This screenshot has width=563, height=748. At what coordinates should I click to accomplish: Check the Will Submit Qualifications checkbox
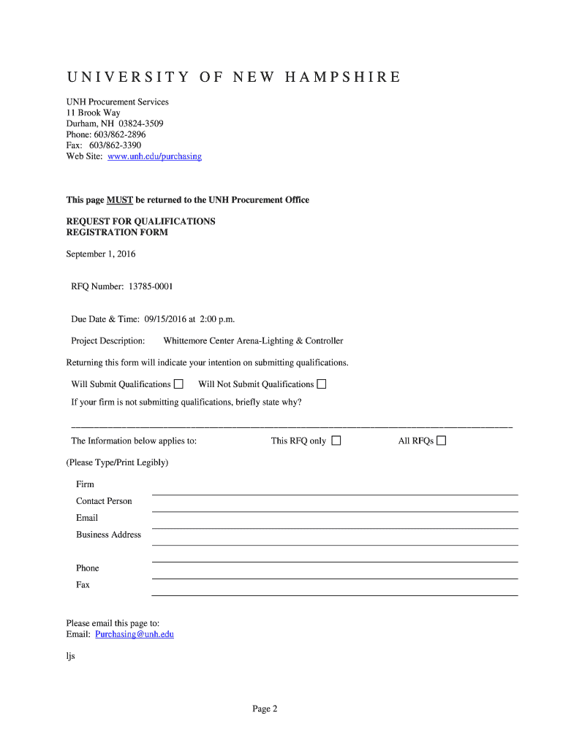coord(178,384)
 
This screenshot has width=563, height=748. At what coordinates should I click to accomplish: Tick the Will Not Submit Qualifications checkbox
coord(322,384)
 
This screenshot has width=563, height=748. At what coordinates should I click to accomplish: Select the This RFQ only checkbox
coord(336,440)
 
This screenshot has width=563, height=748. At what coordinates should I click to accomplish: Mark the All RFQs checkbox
coord(442,440)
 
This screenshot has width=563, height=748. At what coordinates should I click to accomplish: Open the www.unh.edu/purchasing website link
coord(154,156)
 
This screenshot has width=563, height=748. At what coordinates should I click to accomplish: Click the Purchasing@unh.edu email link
coord(135,634)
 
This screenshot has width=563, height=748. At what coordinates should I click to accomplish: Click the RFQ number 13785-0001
coord(151,286)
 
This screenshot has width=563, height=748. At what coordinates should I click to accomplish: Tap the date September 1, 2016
coord(101,254)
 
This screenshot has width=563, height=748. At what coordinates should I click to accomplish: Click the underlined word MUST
coord(120,199)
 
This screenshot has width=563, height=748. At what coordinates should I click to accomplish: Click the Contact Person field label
coord(104,501)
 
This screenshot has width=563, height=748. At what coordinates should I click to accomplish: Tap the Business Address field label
coord(108,535)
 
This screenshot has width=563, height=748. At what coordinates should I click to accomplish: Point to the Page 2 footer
coord(265,709)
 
